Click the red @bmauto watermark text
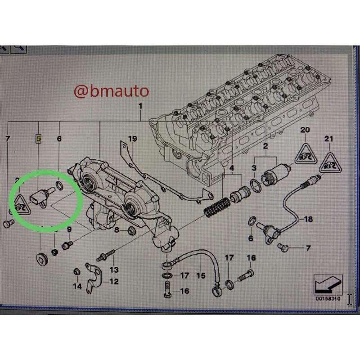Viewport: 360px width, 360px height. (x=111, y=91)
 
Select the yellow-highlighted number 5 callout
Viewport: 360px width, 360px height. (x=39, y=139)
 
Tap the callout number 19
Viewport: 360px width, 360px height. (x=132, y=139)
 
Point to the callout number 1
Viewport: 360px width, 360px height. (x=140, y=106)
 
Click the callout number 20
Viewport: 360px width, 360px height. (x=305, y=130)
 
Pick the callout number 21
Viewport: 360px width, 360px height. (x=328, y=139)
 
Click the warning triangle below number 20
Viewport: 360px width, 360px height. (x=306, y=154)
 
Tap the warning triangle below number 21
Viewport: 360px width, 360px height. (x=330, y=163)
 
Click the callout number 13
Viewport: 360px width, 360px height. (x=114, y=270)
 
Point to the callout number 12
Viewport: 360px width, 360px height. (x=114, y=281)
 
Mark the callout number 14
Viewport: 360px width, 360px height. (x=77, y=286)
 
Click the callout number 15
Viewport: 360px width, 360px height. (x=201, y=275)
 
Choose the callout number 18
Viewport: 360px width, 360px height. (x=308, y=219)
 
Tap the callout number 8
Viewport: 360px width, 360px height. (x=117, y=229)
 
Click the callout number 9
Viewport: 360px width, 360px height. (x=69, y=229)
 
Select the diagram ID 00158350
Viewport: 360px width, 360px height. (x=328, y=299)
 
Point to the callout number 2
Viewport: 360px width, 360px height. (x=265, y=146)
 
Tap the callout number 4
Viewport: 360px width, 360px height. (x=232, y=168)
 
